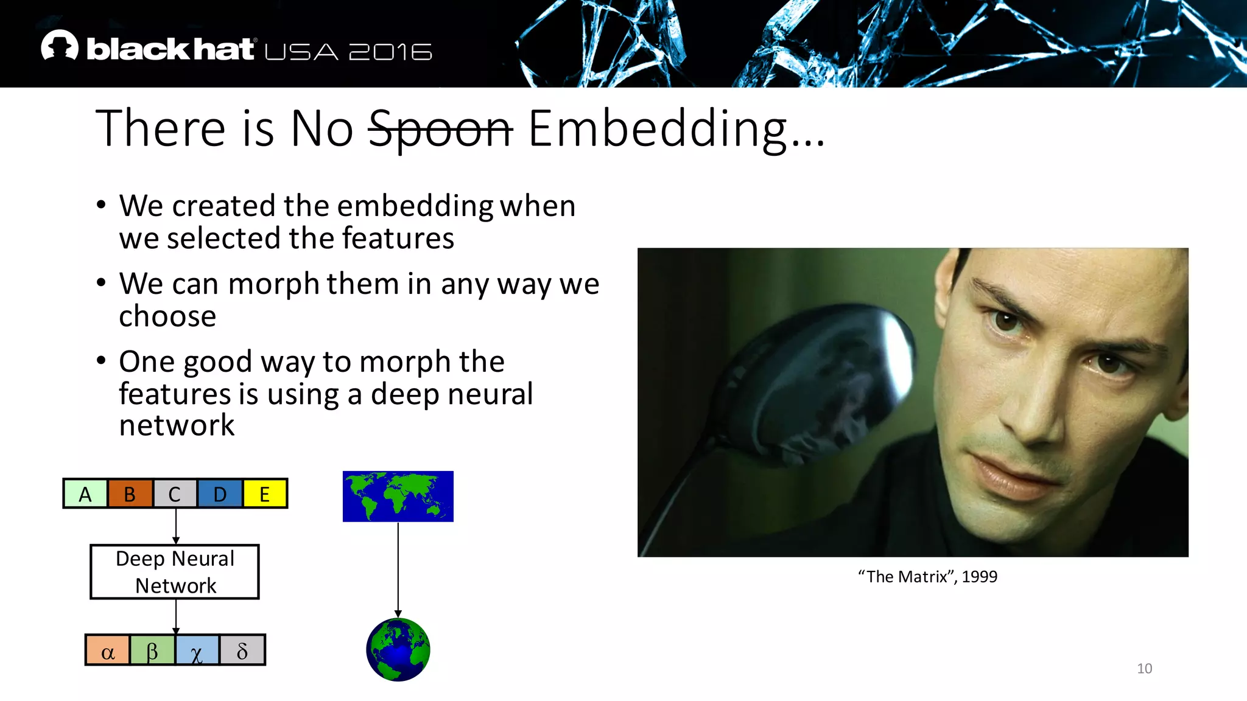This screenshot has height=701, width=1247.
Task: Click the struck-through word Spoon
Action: click(x=440, y=129)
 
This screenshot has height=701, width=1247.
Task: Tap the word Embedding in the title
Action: click(x=658, y=129)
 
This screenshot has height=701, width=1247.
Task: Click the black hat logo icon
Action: click(x=60, y=46)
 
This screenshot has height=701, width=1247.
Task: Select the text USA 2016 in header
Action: click(x=348, y=52)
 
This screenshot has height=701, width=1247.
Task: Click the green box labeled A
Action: click(x=85, y=493)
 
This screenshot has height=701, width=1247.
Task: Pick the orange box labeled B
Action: click(x=130, y=493)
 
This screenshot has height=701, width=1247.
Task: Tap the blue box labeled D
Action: click(x=220, y=493)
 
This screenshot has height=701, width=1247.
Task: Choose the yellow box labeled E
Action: click(x=264, y=493)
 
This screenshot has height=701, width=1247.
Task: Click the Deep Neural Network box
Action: click(x=175, y=572)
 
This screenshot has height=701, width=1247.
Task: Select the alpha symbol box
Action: click(x=108, y=650)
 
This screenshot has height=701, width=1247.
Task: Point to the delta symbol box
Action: click(x=242, y=650)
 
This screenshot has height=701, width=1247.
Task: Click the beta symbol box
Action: click(x=152, y=650)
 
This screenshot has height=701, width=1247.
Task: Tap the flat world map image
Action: click(x=398, y=496)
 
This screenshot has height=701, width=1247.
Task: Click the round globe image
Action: click(x=398, y=649)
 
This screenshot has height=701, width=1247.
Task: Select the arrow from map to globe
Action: click(x=398, y=569)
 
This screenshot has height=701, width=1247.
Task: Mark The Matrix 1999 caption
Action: click(x=927, y=576)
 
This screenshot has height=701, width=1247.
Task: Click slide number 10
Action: click(x=1144, y=668)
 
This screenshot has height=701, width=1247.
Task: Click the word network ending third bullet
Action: click(x=177, y=425)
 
